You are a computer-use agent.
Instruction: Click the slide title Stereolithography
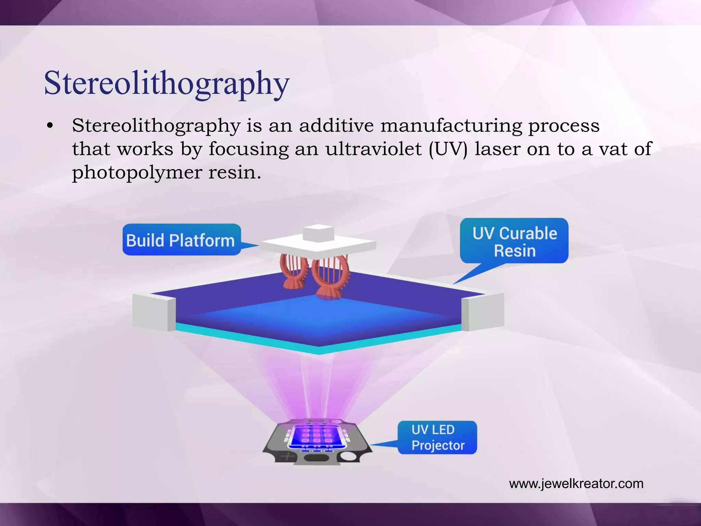[167, 83]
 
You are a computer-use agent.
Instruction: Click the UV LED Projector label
[437, 437]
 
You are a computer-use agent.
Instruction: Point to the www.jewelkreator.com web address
[576, 484]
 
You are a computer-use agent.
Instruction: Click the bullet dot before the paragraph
[50, 126]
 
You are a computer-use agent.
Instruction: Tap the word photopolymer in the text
[137, 172]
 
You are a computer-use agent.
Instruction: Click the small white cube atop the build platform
[318, 233]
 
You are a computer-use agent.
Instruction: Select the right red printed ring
[330, 277]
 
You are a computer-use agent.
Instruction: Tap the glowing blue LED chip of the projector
[316, 437]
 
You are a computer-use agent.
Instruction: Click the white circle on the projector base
[348, 456]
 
